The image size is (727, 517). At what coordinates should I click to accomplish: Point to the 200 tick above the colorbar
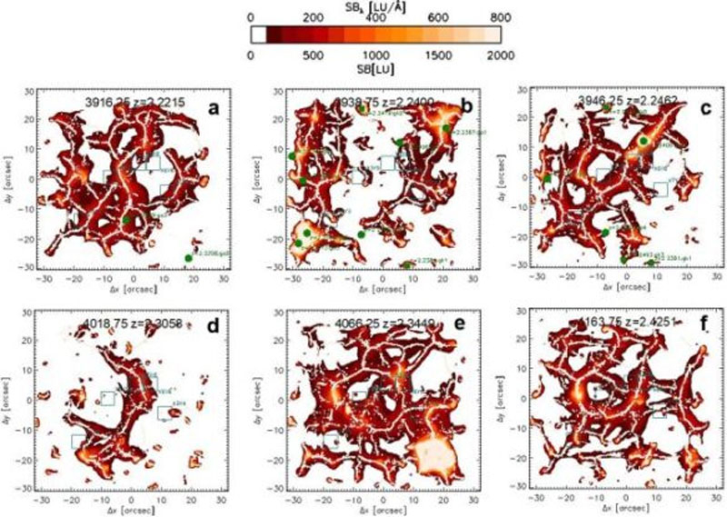pos(314,16)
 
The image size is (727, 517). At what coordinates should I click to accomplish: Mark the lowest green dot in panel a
pos(188,258)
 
